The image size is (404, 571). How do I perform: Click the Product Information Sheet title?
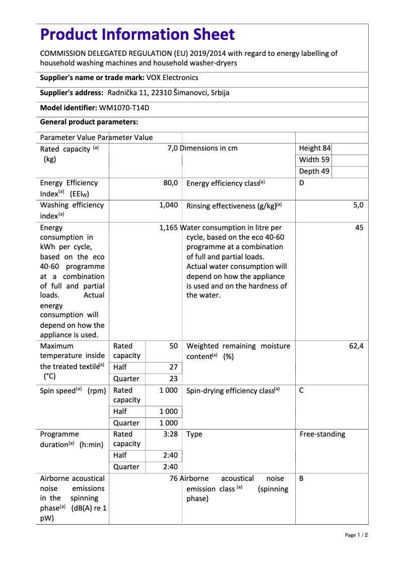point(137,34)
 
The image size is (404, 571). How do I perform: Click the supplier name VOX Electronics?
point(172,78)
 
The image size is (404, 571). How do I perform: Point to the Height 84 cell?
point(315,148)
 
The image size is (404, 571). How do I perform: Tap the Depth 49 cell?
point(314,171)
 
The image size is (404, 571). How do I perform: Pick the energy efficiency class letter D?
point(302,183)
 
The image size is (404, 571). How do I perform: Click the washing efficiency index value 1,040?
point(168,205)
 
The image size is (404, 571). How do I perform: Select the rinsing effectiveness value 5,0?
point(358,205)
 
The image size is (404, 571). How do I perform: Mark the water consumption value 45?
point(359,228)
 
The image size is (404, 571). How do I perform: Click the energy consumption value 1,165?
point(168,228)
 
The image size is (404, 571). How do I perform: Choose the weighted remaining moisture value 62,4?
point(356,346)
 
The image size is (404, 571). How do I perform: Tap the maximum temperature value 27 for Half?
point(173,367)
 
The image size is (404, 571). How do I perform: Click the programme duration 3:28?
point(171,434)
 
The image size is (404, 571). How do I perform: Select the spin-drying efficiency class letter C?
point(301,390)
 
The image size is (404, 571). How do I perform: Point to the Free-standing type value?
point(322,434)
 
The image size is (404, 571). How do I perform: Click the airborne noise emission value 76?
point(174,478)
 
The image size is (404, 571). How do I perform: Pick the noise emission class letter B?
point(301,478)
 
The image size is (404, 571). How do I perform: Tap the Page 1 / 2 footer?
point(356,535)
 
